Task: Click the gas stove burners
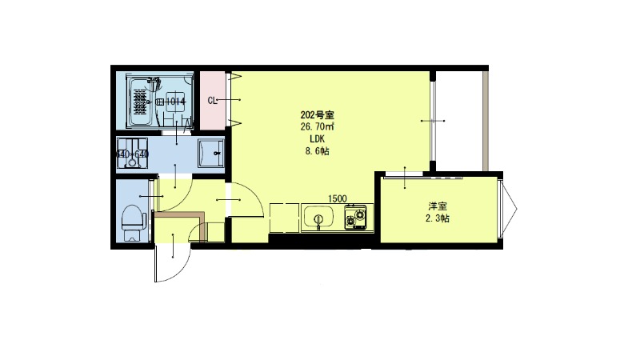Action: (x=355, y=216)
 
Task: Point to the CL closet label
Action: (x=213, y=101)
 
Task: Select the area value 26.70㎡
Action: (x=316, y=126)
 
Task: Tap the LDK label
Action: (x=316, y=138)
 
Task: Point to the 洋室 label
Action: (x=437, y=206)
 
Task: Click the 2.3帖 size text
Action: (x=437, y=218)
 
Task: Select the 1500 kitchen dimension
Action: (x=337, y=198)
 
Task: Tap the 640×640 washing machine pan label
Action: (x=133, y=154)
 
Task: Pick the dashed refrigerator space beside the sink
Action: (x=283, y=218)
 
